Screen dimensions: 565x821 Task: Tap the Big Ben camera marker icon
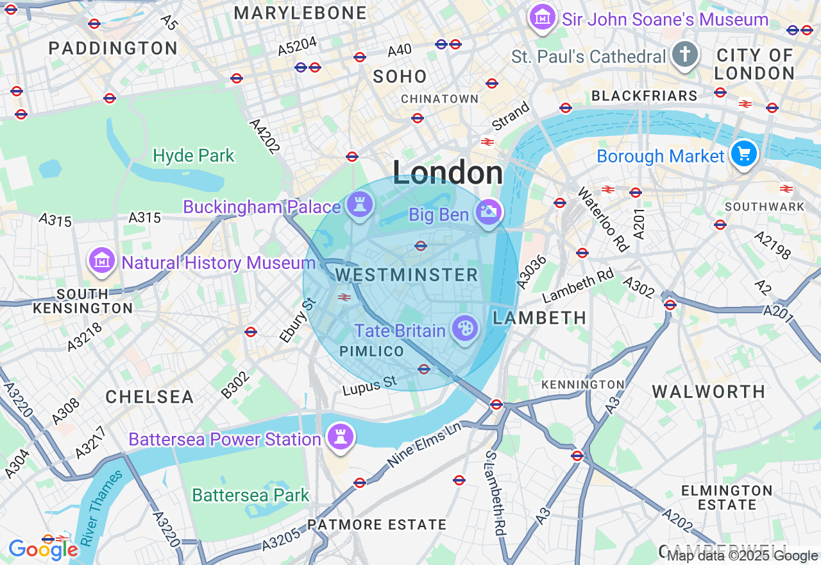point(488,212)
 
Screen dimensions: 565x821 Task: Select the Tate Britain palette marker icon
point(464,329)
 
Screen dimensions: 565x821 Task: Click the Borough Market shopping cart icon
point(744,154)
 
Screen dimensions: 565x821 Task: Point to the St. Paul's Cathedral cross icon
point(684,55)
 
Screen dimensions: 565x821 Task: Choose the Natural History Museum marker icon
point(101,261)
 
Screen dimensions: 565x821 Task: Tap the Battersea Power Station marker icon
point(340,437)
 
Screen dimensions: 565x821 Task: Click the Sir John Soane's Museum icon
point(543,18)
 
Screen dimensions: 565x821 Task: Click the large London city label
point(448,173)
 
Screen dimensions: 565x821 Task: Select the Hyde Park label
point(194,155)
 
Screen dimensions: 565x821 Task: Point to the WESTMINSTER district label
point(407,275)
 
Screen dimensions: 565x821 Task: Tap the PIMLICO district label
point(371,351)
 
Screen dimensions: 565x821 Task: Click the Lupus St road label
point(369,386)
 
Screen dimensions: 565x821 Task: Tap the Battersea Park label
point(251,495)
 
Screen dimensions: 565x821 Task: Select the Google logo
point(43,550)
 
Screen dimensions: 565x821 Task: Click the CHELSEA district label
point(149,397)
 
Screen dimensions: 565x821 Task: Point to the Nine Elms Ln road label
point(425,444)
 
